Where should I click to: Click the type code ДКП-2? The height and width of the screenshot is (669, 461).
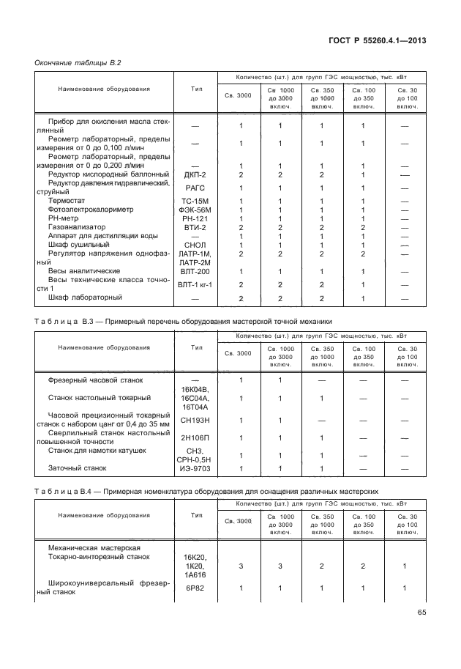195,175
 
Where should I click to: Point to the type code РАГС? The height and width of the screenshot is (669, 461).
195,188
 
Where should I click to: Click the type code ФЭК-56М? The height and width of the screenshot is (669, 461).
195,210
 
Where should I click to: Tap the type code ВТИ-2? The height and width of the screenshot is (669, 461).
195,227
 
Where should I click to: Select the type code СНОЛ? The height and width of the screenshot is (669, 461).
195,245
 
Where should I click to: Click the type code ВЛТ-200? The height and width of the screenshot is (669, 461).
195,270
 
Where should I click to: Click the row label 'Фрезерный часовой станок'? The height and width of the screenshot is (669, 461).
96,380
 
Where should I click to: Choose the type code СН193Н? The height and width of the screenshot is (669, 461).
195,421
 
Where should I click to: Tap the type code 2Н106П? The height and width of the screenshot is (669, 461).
195,437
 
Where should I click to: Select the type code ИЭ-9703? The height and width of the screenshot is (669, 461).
195,468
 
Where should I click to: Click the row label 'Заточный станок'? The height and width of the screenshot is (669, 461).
78,468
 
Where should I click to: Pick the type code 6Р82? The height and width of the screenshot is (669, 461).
195,588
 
